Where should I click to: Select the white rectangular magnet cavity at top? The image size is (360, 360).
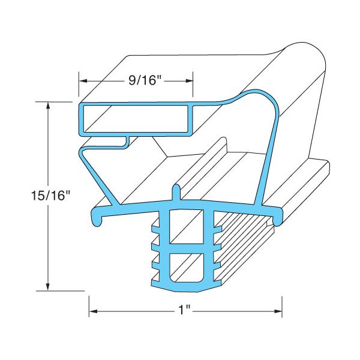[x=136, y=118]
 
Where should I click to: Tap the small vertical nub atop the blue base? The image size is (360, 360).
[x=176, y=194]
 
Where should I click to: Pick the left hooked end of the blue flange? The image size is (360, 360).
[x=96, y=220]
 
